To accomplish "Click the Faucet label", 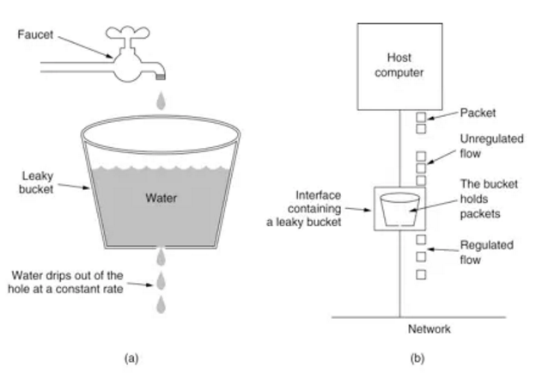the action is [x=35, y=34].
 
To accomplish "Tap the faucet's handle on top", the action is [x=127, y=33].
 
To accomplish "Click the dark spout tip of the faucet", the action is [x=161, y=77].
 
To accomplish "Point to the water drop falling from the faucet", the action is [x=161, y=101].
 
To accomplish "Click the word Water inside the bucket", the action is [x=161, y=198].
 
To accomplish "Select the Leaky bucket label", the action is [x=37, y=182].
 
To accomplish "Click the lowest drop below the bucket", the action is [x=161, y=304].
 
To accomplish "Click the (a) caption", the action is [x=131, y=359].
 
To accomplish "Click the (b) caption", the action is [x=417, y=359].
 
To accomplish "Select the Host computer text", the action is [x=399, y=65].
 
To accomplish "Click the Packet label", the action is [x=478, y=113].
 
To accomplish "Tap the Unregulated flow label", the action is [x=491, y=146].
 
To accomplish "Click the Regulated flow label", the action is [x=487, y=253].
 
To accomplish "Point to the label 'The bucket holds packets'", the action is [x=489, y=199].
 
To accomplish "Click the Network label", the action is [x=429, y=329].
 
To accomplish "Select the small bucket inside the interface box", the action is [x=399, y=210].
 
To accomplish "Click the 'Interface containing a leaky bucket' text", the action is [x=304, y=209].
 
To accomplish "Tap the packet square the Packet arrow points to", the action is [x=421, y=117].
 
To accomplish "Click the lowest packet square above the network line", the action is [x=421, y=274].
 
